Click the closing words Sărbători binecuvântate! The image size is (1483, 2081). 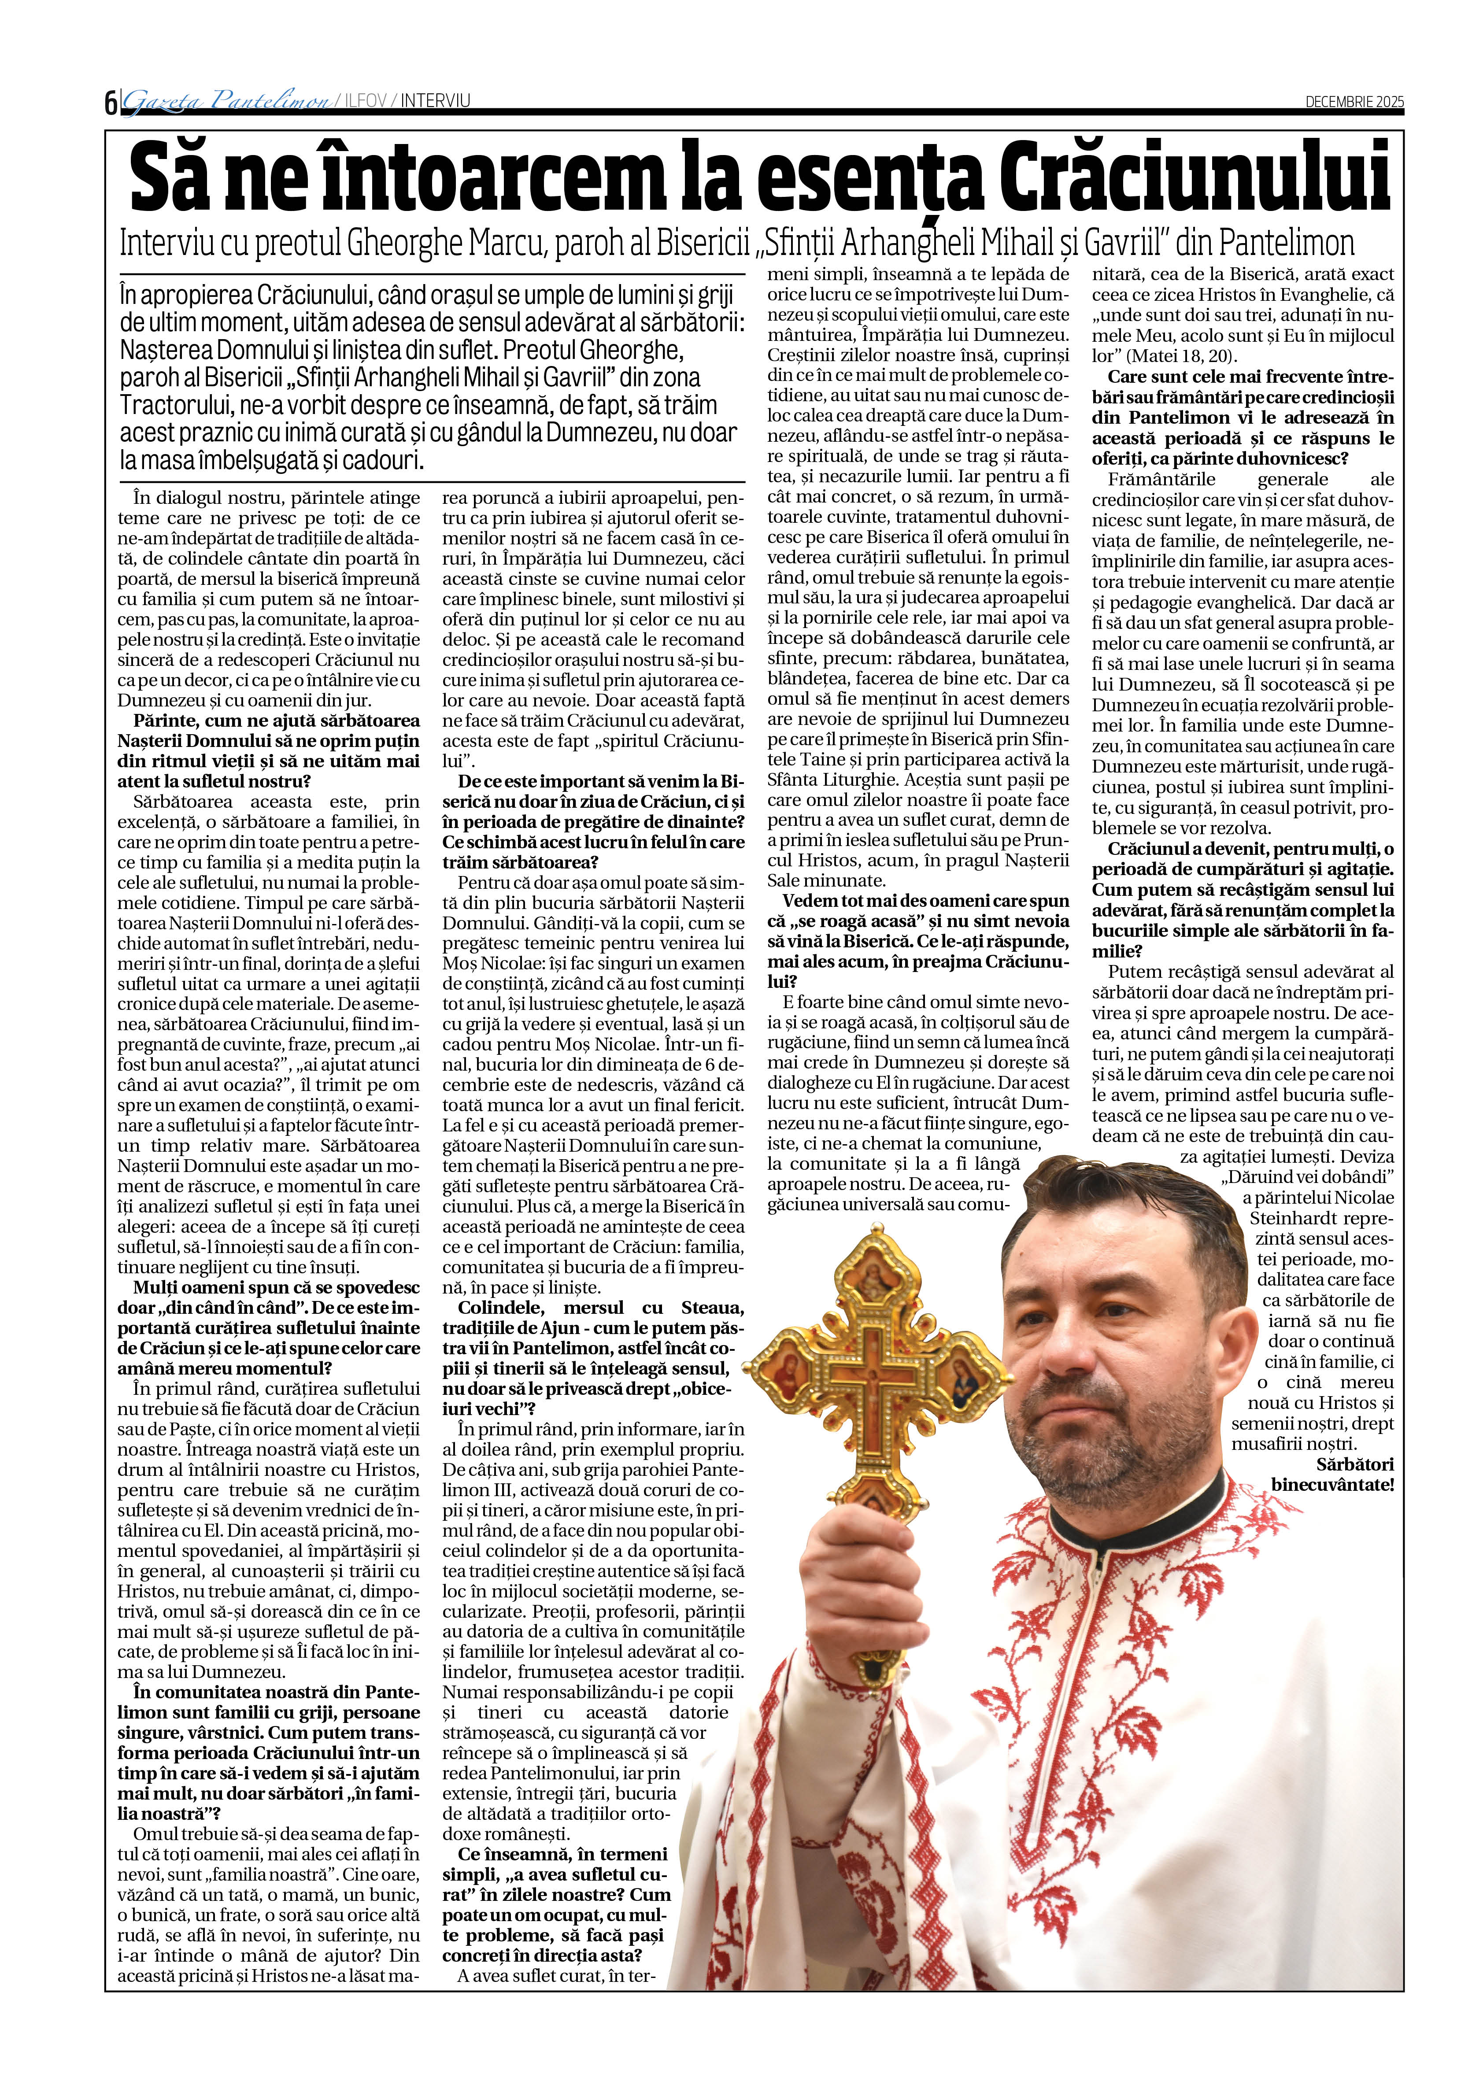[1333, 1475]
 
